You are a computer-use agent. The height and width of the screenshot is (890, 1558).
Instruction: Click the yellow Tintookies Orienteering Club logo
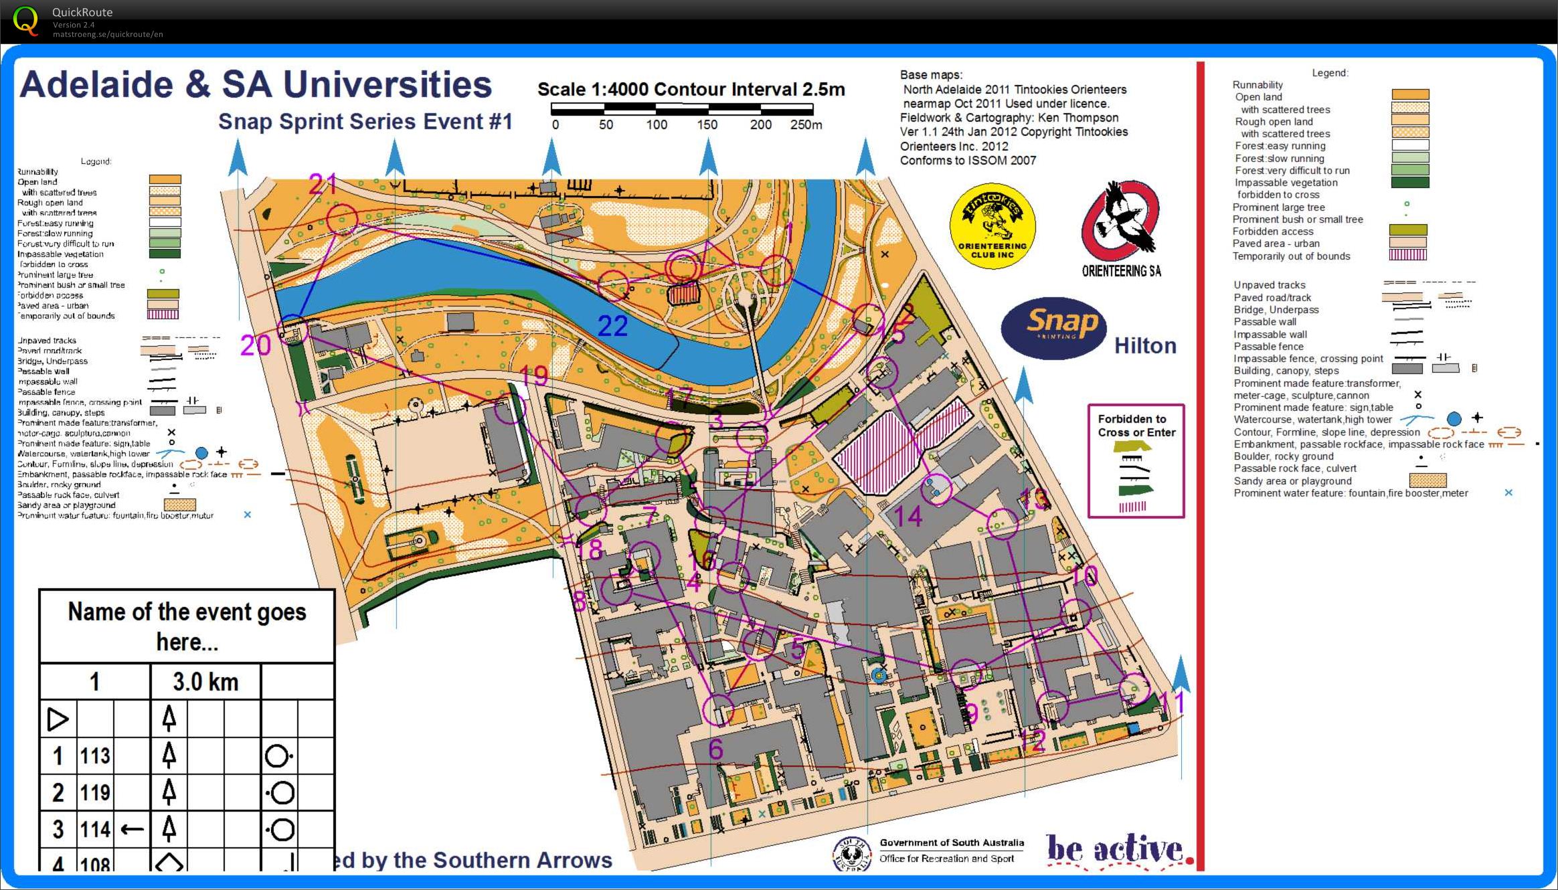992,226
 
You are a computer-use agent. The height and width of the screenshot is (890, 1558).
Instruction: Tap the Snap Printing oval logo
1053,328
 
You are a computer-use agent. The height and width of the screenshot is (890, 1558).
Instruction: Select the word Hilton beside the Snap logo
1145,345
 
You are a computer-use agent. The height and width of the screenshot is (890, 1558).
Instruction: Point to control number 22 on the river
612,326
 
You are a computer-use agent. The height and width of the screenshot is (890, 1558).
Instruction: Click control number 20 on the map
256,345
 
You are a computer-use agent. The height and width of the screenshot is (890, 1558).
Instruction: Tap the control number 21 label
323,183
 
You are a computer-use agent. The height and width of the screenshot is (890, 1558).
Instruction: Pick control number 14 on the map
908,517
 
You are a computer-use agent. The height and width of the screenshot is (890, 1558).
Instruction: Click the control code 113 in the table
95,756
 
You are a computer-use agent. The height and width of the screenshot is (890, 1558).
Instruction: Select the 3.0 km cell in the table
205,682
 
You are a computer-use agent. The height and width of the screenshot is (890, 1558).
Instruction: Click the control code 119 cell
95,793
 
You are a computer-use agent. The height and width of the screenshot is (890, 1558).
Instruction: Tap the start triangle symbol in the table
58,719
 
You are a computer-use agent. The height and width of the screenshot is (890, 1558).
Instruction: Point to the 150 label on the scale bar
707,125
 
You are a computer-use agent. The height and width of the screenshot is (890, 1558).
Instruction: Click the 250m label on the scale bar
806,125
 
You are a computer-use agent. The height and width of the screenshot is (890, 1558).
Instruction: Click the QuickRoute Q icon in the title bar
25,20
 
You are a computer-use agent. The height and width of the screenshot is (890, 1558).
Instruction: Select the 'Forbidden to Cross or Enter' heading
1136,426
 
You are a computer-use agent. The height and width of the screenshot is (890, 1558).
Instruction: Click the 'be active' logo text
1114,850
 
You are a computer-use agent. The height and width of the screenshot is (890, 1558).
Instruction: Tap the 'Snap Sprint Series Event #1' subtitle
365,122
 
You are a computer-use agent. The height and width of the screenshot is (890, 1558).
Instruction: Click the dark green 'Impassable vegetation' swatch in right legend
1410,182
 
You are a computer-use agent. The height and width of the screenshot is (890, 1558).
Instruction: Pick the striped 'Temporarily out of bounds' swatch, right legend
1409,255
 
